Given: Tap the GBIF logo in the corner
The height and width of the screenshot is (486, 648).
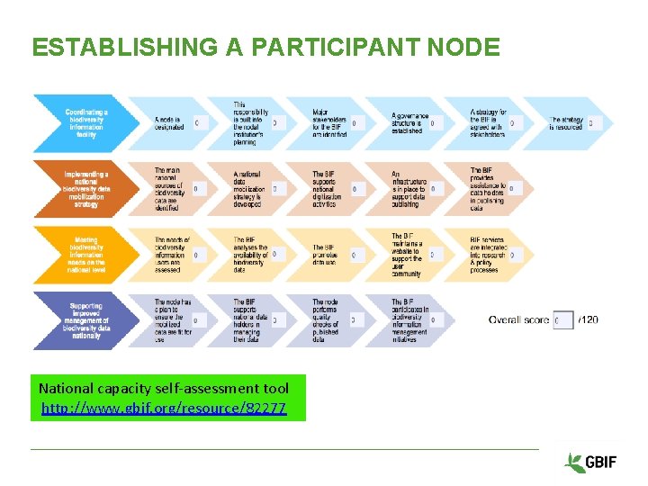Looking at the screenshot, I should tap(590, 463).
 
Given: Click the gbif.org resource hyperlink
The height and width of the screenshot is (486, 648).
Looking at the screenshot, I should tap(164, 409).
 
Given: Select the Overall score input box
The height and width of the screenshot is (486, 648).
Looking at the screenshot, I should tap(563, 320).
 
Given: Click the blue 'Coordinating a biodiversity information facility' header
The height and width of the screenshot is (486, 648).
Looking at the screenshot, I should tap(86, 123).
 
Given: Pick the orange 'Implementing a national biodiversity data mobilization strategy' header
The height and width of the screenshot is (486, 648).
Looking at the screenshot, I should tap(86, 189).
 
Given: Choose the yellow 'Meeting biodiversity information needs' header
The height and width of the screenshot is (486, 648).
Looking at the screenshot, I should tap(86, 255).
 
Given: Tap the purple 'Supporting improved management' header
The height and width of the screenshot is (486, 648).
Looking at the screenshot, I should tap(86, 320).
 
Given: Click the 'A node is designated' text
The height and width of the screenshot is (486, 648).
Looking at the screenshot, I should tap(169, 123).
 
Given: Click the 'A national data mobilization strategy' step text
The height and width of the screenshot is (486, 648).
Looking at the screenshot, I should tap(249, 189).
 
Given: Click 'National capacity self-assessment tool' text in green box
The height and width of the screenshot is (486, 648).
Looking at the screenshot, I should tap(164, 389).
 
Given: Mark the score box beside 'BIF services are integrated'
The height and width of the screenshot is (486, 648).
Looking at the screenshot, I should tap(512, 255).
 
